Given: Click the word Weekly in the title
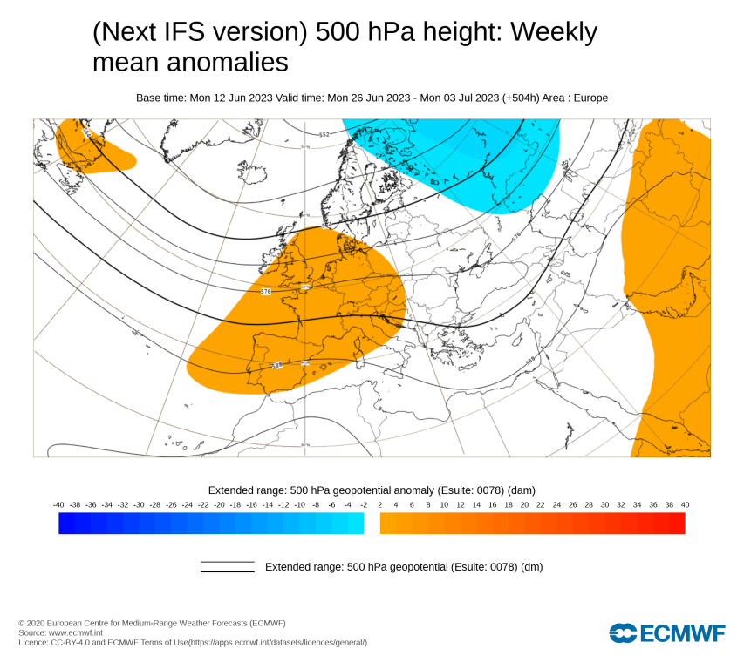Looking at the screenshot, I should tap(554, 32).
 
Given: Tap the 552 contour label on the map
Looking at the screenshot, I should tap(324, 134).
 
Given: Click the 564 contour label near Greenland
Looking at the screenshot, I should tap(86, 133).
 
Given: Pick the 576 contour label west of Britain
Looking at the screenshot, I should tap(266, 291).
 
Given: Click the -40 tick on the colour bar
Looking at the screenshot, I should tap(58, 504).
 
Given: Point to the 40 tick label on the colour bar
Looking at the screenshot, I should tap(685, 504).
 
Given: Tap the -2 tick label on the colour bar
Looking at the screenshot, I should tap(364, 504).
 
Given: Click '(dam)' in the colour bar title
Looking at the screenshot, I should tap(521, 490).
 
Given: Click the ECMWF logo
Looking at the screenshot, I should tap(667, 633).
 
